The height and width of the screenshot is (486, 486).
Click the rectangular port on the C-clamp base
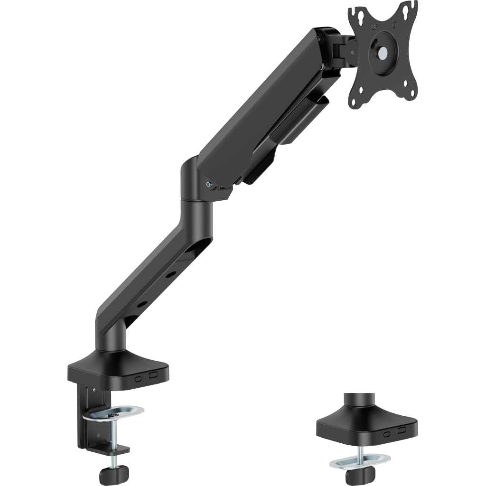coord(153,375)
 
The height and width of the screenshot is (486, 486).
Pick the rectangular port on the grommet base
coord(402,430)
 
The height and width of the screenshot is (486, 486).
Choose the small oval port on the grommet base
coord(388,434)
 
